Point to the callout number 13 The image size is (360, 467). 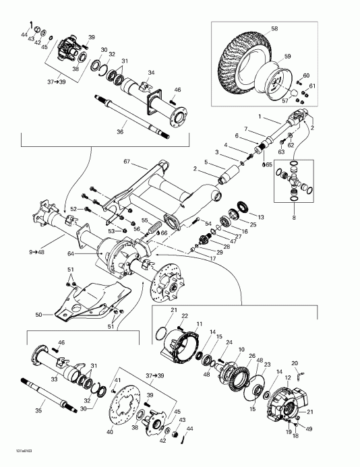pyautogui.click(x=262, y=217)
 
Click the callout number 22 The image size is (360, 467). pyautogui.click(x=184, y=315)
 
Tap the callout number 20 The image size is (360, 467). pyautogui.click(x=295, y=363)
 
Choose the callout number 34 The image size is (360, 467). pyautogui.click(x=152, y=73)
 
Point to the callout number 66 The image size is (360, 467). pyautogui.click(x=163, y=232)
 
